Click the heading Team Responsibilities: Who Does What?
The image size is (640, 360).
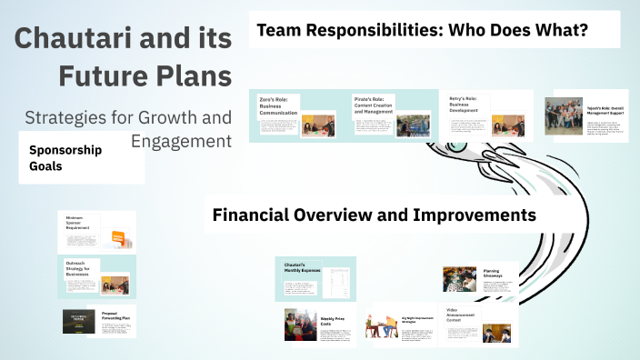(x=422, y=31)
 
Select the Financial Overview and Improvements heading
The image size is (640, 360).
(x=374, y=215)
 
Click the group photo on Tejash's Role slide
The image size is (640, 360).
(x=563, y=116)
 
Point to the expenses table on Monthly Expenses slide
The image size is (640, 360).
(x=339, y=279)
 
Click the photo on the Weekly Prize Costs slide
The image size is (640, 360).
(x=300, y=325)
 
